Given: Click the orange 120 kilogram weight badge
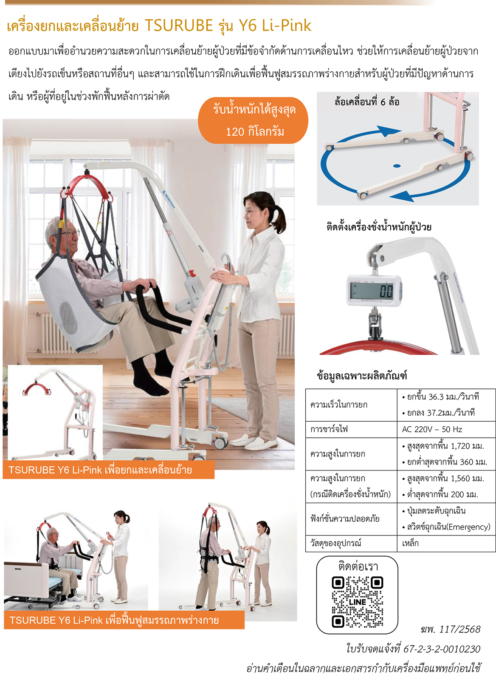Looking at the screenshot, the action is click(x=253, y=120).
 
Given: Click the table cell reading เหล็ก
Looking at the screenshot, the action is click(x=410, y=543).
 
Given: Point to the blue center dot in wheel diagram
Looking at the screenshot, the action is click(x=397, y=166).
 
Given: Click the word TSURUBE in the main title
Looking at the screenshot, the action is click(x=179, y=25).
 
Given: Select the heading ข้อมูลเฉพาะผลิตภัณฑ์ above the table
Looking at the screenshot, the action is click(x=362, y=375).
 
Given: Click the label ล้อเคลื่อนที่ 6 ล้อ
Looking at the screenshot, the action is click(x=366, y=102).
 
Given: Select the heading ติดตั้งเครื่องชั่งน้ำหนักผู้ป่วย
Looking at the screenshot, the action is click(x=379, y=227).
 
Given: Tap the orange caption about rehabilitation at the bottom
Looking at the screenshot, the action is click(x=124, y=620).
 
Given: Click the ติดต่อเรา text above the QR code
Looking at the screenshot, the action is click(x=358, y=567).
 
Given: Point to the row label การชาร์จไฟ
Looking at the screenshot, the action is click(x=329, y=429).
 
